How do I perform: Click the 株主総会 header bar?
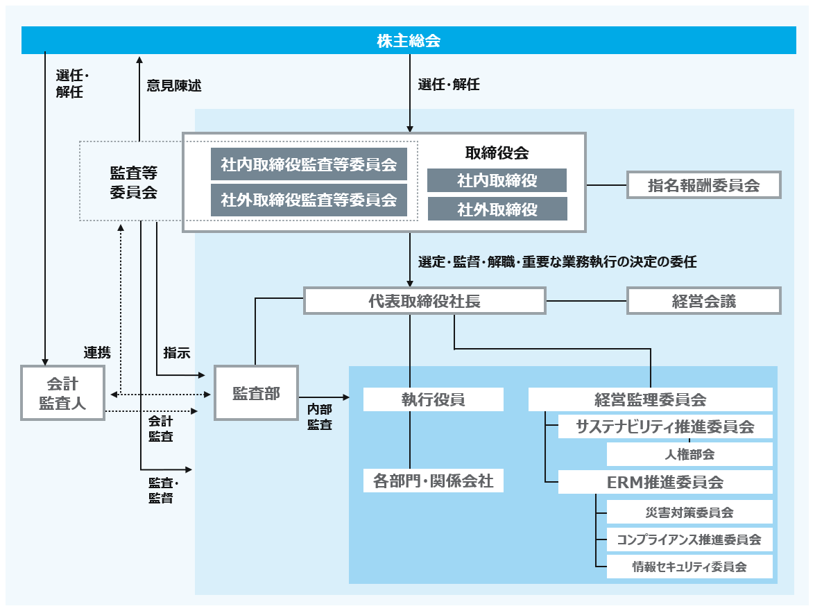tap(409, 40)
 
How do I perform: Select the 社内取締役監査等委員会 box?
tap(309, 164)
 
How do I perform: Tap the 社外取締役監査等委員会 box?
tap(309, 200)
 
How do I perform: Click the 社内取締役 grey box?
tap(497, 180)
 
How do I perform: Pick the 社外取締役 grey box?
tap(497, 209)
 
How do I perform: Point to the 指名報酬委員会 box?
tap(703, 185)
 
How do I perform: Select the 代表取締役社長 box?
tap(424, 301)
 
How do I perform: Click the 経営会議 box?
tap(703, 301)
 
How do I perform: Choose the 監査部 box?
tap(256, 393)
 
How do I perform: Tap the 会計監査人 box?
tap(62, 393)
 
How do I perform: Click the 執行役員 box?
tap(433, 399)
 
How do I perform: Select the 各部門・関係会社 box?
tap(433, 481)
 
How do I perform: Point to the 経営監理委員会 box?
tap(650, 399)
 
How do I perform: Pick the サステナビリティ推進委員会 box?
tap(664, 426)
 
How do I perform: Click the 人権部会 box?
tap(689, 454)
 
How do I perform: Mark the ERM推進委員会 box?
tap(664, 481)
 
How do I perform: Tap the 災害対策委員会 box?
tap(689, 512)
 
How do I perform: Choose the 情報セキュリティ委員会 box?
tap(689, 567)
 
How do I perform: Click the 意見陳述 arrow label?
tap(174, 85)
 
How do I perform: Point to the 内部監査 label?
tap(320, 417)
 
